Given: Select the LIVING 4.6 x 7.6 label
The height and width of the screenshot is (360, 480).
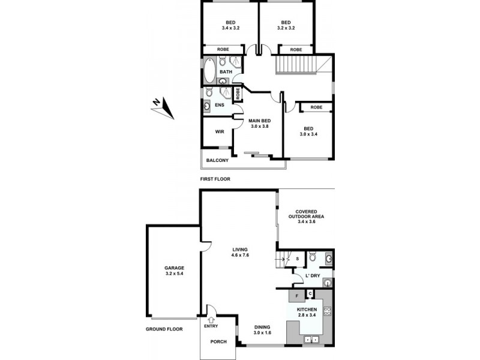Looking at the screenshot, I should (239, 252).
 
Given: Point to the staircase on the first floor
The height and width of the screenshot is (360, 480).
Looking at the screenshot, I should (296, 64).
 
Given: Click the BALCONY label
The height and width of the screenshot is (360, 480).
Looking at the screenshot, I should (217, 160).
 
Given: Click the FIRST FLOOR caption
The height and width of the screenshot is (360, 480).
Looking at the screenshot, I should (215, 179).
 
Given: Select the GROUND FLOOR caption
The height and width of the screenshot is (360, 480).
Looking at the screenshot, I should (164, 329).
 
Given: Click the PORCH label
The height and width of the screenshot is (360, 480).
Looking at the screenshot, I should (218, 342).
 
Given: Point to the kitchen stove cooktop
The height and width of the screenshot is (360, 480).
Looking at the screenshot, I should (327, 311).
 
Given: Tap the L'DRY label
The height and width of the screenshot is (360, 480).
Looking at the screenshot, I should (312, 276).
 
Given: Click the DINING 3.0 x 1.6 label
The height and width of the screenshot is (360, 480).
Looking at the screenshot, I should (263, 329).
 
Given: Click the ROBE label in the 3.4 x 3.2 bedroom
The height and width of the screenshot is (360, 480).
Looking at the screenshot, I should (223, 50).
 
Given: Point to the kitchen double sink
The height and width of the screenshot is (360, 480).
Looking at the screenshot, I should (311, 339).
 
